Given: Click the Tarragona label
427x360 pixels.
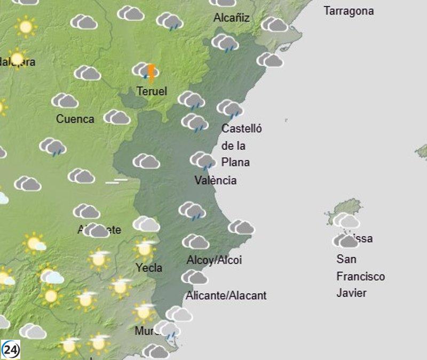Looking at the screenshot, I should click(349, 11).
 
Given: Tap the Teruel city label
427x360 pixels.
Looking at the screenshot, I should click(152, 91).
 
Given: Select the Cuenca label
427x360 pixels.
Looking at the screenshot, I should click(75, 119).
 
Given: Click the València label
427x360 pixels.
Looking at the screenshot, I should click(215, 180).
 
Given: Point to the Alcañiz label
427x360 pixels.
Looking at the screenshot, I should click(232, 18).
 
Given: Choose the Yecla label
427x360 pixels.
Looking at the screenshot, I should click(149, 268).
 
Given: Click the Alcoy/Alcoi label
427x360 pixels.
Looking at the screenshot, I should click(214, 260).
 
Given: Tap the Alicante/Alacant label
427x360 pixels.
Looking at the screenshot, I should click(226, 295).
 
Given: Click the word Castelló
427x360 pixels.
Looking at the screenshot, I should click(242, 129).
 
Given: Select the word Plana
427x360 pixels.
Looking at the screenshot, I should click(235, 162).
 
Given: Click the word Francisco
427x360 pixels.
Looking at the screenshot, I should click(360, 277).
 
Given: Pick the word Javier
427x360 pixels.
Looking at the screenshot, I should click(352, 293).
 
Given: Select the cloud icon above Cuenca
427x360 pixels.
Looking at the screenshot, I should click(65, 100).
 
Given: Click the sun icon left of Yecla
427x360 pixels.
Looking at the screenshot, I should click(99, 259).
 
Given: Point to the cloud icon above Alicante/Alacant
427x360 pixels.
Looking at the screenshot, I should click(194, 277).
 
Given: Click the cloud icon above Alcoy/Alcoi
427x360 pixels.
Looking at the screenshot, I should click(196, 242).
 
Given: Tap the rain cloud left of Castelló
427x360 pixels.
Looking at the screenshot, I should click(194, 122).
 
